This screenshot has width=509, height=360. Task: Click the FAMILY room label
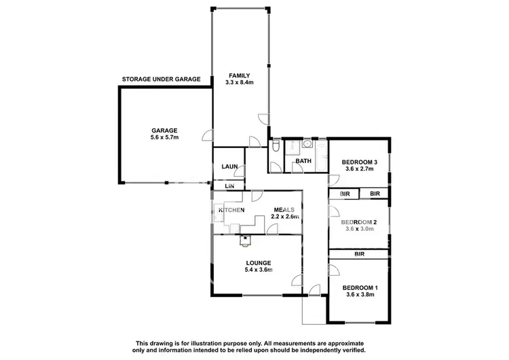(x=240, y=75)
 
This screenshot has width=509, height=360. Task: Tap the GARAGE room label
(x=164, y=130)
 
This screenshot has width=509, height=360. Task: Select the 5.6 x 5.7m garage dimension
(x=164, y=138)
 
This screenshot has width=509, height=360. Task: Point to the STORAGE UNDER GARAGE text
(x=161, y=79)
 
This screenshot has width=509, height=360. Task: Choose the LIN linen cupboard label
(x=229, y=185)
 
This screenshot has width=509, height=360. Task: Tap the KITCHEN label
(x=231, y=210)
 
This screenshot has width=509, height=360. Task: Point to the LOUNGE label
(x=259, y=263)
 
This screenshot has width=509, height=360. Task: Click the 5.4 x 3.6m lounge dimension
(x=259, y=270)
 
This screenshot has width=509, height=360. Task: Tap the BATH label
(x=303, y=161)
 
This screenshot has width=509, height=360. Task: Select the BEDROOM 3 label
(x=359, y=162)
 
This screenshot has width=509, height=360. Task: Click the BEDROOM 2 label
(x=359, y=223)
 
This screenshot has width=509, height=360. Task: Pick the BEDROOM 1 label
(x=359, y=287)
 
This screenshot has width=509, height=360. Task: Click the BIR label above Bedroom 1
(x=359, y=254)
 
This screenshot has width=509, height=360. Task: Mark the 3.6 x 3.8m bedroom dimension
(x=359, y=295)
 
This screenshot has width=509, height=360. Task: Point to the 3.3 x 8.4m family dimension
(x=240, y=82)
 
